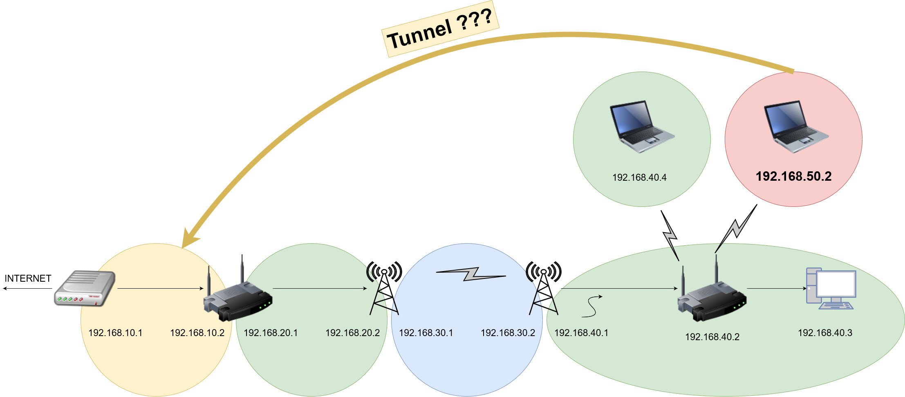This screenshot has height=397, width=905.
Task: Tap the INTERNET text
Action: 28,278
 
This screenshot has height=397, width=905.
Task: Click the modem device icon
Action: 85,289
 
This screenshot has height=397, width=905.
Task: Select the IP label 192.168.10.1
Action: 115,333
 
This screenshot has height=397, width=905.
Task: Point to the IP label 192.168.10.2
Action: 197,333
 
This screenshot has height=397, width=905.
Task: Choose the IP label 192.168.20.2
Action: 352,333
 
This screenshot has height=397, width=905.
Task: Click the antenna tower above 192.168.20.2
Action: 384,288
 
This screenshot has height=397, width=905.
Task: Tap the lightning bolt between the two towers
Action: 471,274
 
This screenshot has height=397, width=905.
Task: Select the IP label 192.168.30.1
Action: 426,333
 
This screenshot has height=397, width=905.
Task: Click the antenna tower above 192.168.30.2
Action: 544,288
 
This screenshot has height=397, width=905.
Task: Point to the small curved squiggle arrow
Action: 591,306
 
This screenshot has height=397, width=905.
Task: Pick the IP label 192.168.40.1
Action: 581,333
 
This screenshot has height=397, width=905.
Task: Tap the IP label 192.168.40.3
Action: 825,333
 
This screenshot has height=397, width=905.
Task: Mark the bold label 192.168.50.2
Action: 793,176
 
